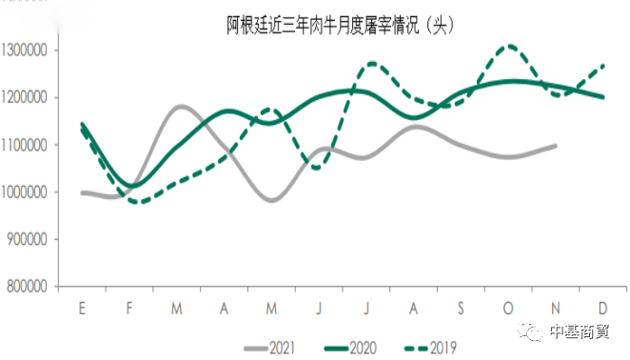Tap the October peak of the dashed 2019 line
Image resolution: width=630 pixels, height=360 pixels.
point(510,46)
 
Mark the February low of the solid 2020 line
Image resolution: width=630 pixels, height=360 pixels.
point(130,186)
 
